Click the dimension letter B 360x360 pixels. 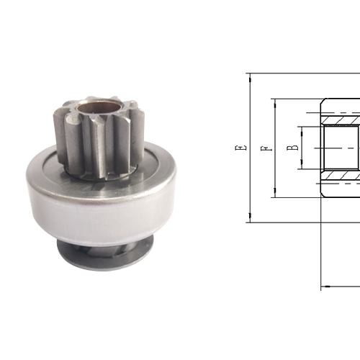[x=292, y=148]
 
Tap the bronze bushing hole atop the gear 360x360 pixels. [x=93, y=109]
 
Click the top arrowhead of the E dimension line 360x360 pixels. [x=248, y=76]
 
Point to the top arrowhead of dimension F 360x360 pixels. [x=273, y=102]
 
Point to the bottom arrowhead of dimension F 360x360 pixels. [x=273, y=194]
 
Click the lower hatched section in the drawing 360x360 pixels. [x=341, y=175]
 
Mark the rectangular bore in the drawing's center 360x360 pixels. [x=341, y=148]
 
